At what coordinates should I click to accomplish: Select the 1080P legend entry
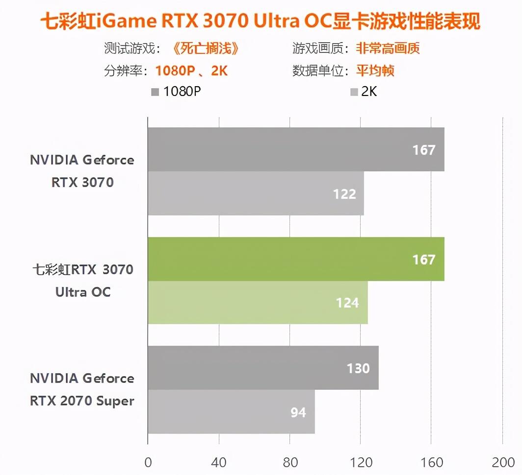(177, 92)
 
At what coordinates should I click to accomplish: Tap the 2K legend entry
(364, 92)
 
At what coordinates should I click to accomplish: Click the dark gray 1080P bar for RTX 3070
(296, 149)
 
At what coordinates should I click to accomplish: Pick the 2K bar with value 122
(256, 193)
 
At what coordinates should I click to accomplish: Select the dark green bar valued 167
(296, 259)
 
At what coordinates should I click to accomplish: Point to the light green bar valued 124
(258, 303)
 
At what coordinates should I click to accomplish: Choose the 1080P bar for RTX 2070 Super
(263, 368)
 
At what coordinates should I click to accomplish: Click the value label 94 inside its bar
(298, 412)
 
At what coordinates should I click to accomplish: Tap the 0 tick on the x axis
(148, 463)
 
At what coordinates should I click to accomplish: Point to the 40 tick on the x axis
(219, 463)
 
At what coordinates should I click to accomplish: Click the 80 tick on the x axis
(289, 463)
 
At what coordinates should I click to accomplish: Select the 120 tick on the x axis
(361, 463)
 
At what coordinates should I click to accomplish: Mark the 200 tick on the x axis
(502, 463)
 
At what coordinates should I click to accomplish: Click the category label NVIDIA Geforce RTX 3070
(82, 171)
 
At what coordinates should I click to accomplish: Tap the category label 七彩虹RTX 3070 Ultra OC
(82, 281)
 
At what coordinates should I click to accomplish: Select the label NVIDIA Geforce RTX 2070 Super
(82, 389)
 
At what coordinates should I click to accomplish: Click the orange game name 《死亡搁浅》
(207, 48)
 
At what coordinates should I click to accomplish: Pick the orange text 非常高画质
(388, 48)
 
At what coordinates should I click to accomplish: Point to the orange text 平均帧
(375, 71)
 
